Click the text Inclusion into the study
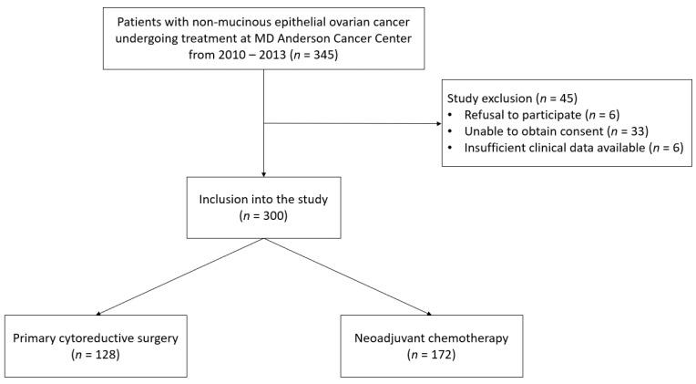[x=262, y=201]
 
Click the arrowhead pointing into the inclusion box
[x=263, y=172]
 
